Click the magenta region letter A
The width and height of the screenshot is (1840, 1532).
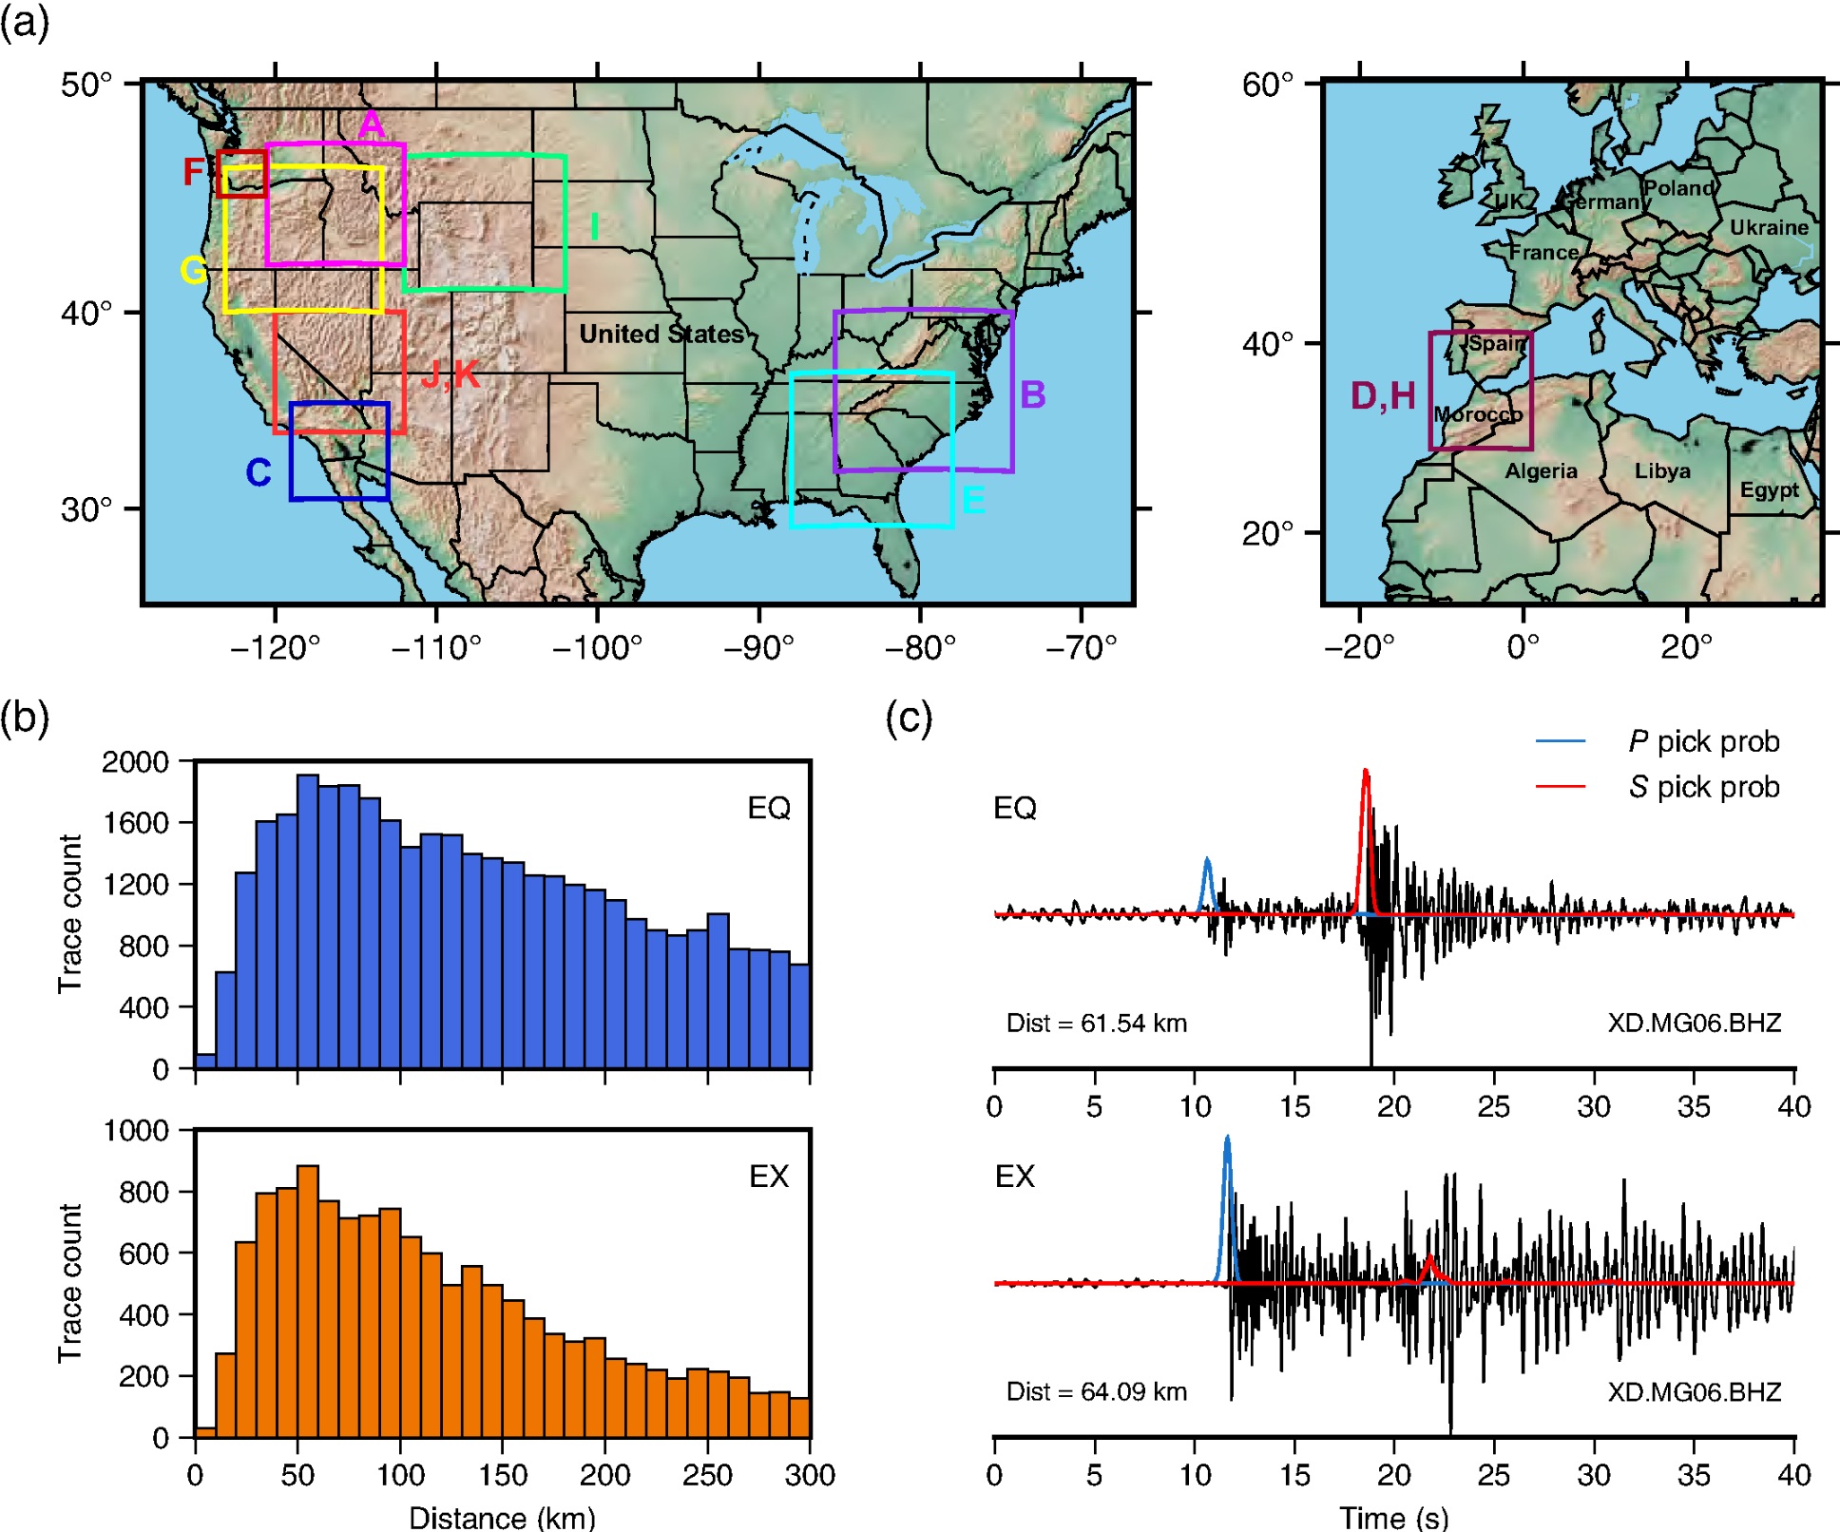pyautogui.click(x=372, y=124)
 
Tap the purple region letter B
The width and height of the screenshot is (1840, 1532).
pyautogui.click(x=1032, y=394)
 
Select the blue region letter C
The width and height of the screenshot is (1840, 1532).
pyautogui.click(x=259, y=472)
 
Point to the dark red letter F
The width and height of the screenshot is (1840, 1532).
pyautogui.click(x=193, y=172)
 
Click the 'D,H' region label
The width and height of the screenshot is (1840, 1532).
pyautogui.click(x=1383, y=395)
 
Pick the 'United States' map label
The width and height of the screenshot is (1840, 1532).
pyautogui.click(x=661, y=334)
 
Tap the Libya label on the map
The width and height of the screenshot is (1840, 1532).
pyautogui.click(x=1662, y=470)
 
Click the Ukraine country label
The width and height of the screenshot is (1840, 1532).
pyautogui.click(x=1769, y=227)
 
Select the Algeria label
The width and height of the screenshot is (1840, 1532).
pyautogui.click(x=1541, y=470)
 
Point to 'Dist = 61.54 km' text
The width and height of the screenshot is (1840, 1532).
pyautogui.click(x=1097, y=1023)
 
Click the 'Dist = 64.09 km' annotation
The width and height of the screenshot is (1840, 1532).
pyautogui.click(x=1097, y=1391)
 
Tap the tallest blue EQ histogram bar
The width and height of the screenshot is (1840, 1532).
pyautogui.click(x=307, y=922)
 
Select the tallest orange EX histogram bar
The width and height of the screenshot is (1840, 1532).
pyautogui.click(x=307, y=1301)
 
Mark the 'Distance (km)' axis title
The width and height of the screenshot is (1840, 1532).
pyautogui.click(x=502, y=1517)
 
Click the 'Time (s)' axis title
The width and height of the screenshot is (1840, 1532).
pyautogui.click(x=1393, y=1517)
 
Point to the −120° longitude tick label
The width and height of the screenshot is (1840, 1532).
pyautogui.click(x=275, y=648)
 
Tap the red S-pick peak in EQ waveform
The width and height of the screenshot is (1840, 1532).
pyautogui.click(x=1366, y=772)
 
